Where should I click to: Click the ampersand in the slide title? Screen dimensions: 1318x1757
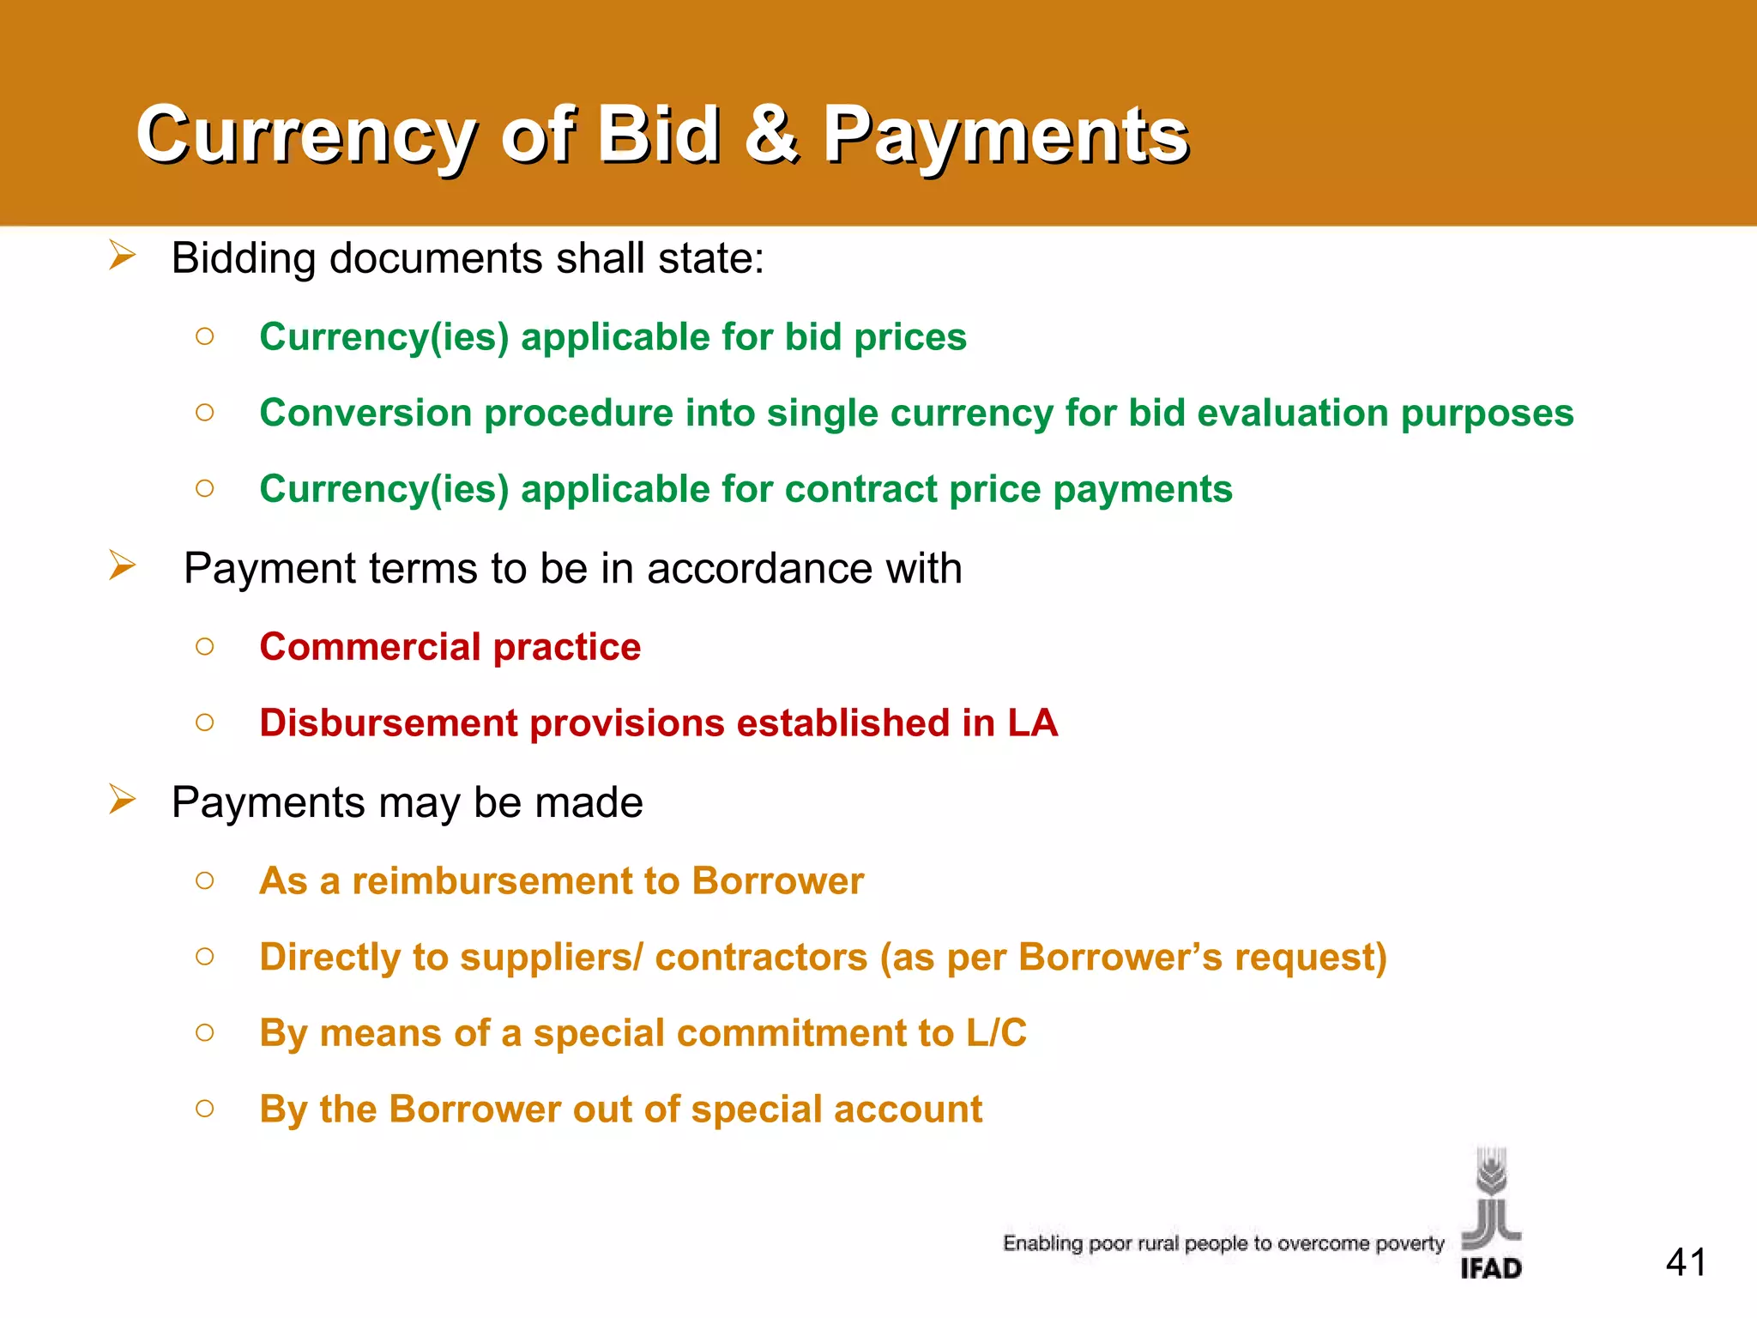[x=771, y=134]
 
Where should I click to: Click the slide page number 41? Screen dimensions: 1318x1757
[x=1686, y=1262]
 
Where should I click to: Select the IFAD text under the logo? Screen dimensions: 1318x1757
[x=1491, y=1268]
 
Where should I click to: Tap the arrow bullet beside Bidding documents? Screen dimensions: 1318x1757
[x=122, y=256]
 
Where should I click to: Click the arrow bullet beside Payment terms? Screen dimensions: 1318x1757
[x=122, y=565]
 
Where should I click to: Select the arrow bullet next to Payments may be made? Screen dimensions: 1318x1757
[x=122, y=800]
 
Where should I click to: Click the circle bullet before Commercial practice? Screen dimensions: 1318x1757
[x=204, y=646]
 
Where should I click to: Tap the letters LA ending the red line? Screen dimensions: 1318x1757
[x=1032, y=722]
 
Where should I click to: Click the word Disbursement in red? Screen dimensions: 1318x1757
[x=388, y=722]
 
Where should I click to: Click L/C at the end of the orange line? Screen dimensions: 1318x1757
[x=996, y=1033]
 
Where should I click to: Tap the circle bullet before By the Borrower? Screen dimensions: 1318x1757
[x=204, y=1109]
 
